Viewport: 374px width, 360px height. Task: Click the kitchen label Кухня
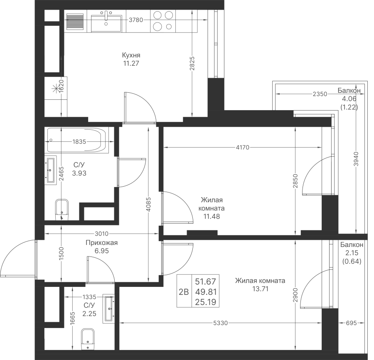tap(131, 55)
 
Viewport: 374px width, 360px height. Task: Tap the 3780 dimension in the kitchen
tap(136, 20)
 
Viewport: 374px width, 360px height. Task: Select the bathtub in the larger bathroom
tap(78, 140)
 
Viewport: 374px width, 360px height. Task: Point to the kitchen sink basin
tap(106, 23)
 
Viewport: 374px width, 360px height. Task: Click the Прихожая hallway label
tap(102, 243)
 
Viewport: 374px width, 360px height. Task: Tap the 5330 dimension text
tap(221, 323)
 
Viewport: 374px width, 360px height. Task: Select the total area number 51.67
tap(205, 281)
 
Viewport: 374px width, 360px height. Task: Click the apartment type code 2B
tap(184, 292)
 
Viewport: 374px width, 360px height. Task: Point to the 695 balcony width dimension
tap(351, 323)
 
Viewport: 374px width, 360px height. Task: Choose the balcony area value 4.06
tap(349, 99)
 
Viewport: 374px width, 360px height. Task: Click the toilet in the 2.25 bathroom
tap(88, 339)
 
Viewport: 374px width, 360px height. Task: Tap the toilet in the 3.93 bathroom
tap(62, 210)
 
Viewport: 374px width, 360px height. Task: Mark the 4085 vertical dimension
tap(148, 204)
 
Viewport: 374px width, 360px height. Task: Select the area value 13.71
tap(260, 289)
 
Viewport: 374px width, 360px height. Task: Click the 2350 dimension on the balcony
tap(320, 94)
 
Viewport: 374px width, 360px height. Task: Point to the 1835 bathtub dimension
tap(79, 142)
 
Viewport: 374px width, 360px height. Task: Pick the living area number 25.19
tap(205, 302)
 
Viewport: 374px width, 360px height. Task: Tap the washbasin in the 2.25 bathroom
tap(109, 309)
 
